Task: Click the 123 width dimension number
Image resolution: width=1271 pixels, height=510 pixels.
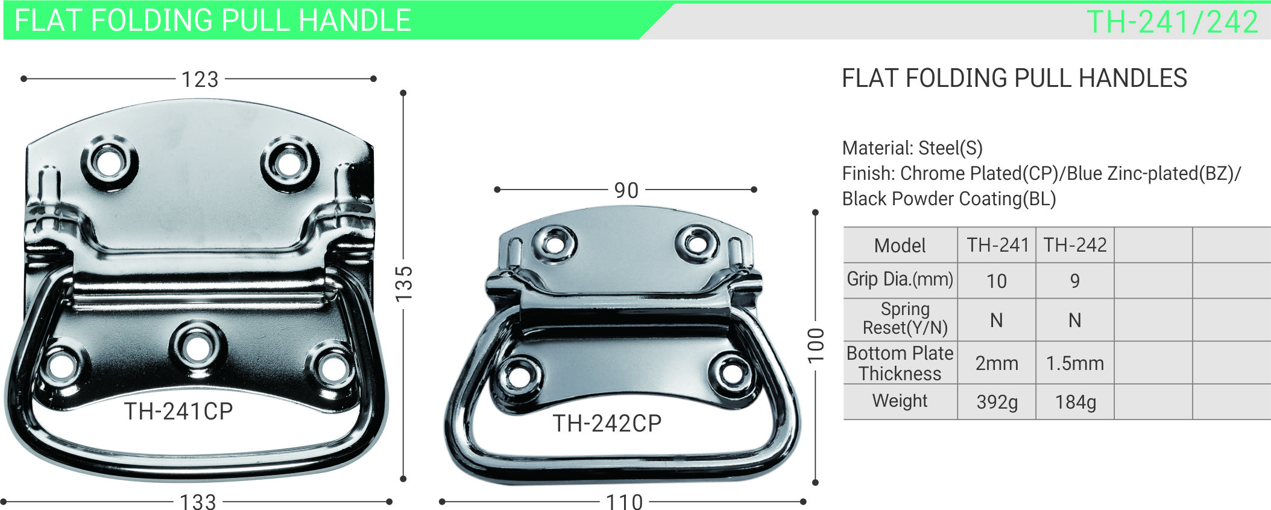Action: tap(200, 79)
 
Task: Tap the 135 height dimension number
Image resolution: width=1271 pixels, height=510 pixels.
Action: tap(403, 284)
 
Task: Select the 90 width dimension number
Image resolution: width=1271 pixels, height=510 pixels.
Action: tap(626, 190)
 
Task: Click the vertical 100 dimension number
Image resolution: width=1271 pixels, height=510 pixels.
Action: tap(815, 345)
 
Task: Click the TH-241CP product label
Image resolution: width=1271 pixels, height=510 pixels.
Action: tap(178, 411)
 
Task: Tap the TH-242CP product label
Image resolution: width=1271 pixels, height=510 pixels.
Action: tap(607, 423)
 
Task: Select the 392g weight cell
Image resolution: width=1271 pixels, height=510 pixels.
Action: tap(997, 402)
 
